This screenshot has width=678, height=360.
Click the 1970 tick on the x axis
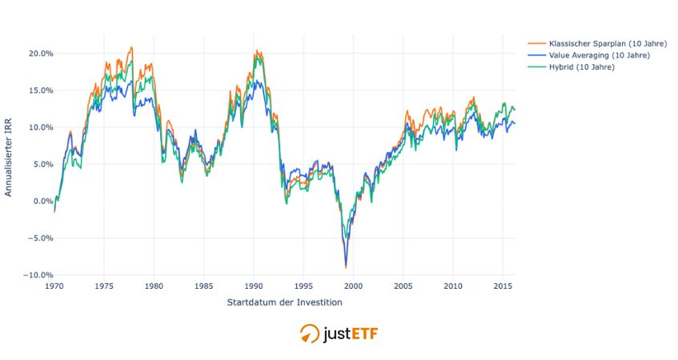click(x=54, y=286)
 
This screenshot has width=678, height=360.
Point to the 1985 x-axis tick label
click(x=204, y=286)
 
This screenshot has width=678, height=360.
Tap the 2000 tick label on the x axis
click(x=353, y=286)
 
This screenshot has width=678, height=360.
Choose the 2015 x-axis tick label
click(x=503, y=286)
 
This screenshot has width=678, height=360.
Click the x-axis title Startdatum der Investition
click(x=284, y=302)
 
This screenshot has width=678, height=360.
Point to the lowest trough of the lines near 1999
click(x=346, y=267)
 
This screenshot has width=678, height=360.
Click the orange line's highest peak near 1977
click(x=131, y=47)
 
